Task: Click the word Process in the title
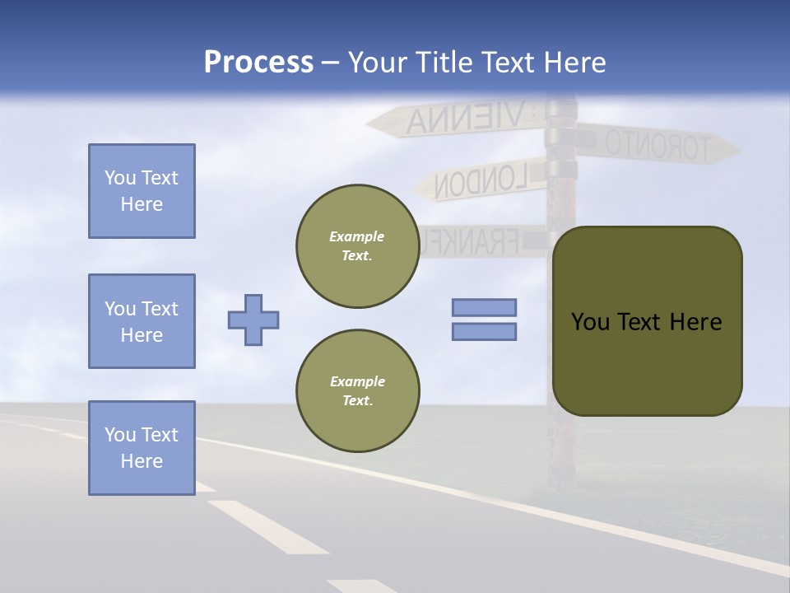258,63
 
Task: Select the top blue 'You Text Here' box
142,191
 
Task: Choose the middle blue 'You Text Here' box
142,321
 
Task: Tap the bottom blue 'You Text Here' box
142,448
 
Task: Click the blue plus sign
253,320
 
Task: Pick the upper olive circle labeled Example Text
357,246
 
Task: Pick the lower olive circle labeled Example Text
357,391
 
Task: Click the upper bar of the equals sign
484,307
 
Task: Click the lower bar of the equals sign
484,331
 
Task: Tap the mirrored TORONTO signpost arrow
658,145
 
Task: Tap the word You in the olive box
590,322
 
